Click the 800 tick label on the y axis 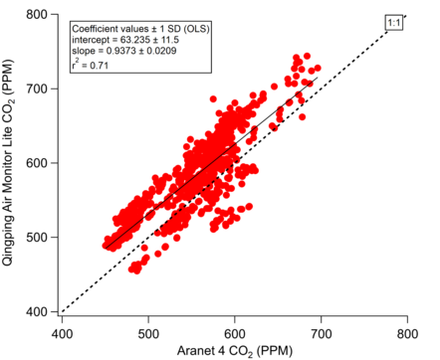coord(36,15)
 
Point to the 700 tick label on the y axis coord(36,89)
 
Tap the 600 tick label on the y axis coord(36,163)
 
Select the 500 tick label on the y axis coord(36,238)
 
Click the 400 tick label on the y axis coord(36,311)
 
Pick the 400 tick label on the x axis coord(62,333)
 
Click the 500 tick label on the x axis coord(148,333)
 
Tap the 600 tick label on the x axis coord(235,333)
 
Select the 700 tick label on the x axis coord(321,333)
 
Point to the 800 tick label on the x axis coord(407,333)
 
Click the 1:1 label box coord(394,23)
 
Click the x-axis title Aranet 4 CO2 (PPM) coord(235,351)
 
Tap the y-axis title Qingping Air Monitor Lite coord(7,197)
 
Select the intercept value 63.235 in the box coord(135,40)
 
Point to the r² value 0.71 coord(100,65)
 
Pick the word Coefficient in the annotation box coord(91,29)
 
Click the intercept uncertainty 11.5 coord(169,40)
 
